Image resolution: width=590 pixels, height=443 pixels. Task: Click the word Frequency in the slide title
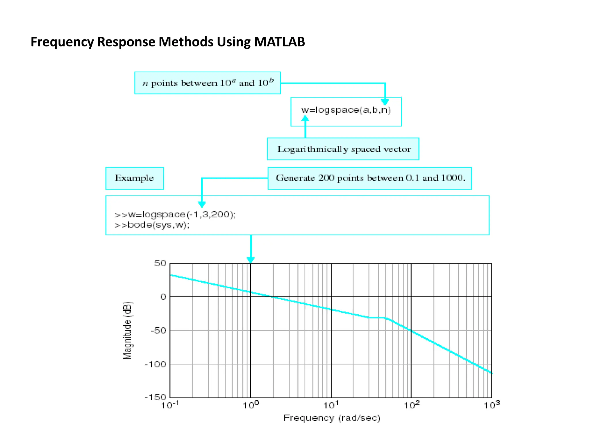click(62, 42)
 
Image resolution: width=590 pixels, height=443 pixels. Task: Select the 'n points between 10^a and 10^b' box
click(207, 83)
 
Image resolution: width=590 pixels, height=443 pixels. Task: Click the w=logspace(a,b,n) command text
click(346, 110)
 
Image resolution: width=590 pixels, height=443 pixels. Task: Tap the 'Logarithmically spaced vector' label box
click(343, 149)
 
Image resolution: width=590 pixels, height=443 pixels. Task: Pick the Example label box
click(135, 178)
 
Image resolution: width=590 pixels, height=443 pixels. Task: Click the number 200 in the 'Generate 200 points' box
click(326, 178)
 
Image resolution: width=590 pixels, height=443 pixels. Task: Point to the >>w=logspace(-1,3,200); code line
click(175, 215)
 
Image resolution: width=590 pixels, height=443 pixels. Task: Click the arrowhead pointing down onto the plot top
click(251, 260)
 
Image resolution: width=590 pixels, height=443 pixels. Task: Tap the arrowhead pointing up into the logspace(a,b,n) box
click(305, 118)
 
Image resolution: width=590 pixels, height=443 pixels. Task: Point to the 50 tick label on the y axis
click(160, 263)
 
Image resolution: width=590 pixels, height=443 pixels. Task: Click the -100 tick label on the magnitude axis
click(156, 364)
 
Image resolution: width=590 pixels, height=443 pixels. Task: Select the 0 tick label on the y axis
click(163, 297)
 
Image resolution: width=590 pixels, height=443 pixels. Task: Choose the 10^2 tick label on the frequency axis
click(411, 405)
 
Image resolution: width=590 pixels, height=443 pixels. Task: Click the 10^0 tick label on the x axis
click(251, 405)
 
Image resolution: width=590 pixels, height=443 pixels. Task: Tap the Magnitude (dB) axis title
click(127, 331)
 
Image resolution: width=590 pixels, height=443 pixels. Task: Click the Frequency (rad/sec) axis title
click(332, 418)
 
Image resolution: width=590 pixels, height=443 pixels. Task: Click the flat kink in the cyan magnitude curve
click(377, 318)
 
